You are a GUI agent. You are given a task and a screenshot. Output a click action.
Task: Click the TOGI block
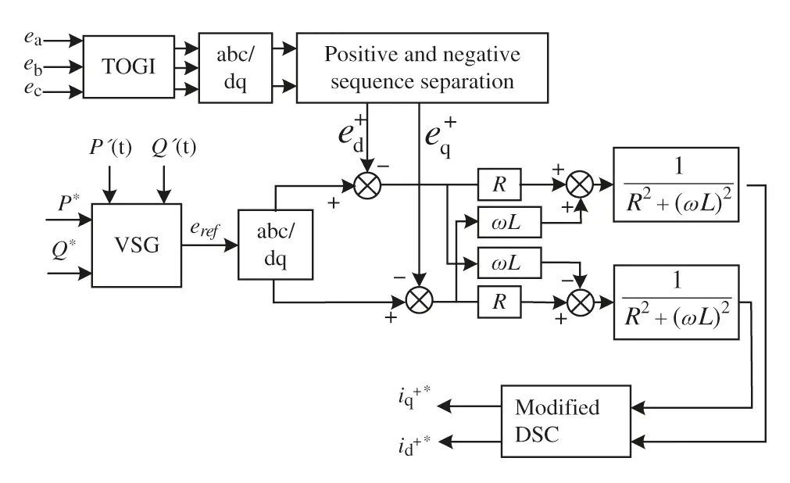pyautogui.click(x=128, y=66)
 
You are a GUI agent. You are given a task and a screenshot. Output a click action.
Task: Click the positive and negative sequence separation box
pyautogui.click(x=421, y=67)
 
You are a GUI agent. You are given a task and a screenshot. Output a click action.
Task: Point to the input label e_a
pyautogui.click(x=32, y=38)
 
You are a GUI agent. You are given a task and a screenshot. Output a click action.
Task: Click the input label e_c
pyautogui.click(x=32, y=91)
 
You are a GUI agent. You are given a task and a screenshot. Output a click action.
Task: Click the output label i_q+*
pyautogui.click(x=413, y=404)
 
